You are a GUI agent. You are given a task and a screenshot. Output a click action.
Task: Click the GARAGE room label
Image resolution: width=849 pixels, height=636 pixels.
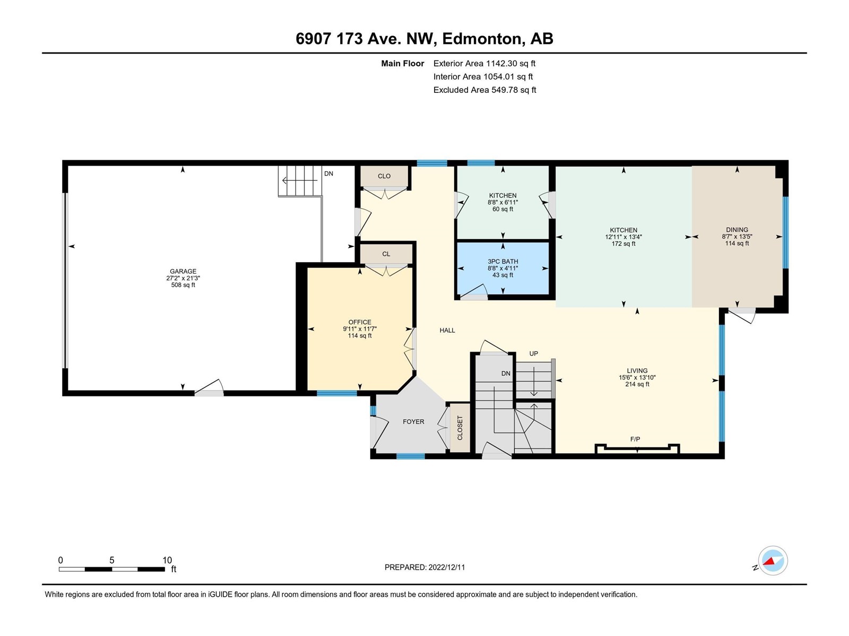coord(183,271)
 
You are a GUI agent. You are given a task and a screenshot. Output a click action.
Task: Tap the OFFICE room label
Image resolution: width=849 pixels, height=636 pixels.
coord(360,322)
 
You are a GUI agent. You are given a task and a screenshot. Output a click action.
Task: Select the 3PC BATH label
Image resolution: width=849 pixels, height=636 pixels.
coord(503,261)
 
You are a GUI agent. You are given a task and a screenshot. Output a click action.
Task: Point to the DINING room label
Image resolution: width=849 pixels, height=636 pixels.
coord(737,230)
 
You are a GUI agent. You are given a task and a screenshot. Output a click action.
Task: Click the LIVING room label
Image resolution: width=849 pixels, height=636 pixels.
coord(637,370)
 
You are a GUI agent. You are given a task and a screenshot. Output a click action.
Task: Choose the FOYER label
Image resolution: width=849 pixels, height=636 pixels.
coord(413,422)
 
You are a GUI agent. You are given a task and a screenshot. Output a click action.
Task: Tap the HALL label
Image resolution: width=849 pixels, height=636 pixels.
coord(447,330)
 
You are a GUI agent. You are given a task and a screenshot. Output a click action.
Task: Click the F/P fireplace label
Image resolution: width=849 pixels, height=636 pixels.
coord(635,439)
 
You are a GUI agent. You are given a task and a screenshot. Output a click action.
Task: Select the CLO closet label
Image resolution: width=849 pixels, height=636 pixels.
coord(384,176)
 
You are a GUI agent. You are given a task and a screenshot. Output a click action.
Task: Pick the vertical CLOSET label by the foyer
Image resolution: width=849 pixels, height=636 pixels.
coord(460,428)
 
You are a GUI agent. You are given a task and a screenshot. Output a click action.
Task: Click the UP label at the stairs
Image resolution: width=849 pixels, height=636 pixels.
coord(534,354)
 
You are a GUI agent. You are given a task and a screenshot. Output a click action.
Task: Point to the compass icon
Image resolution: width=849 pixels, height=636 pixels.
coord(773,560)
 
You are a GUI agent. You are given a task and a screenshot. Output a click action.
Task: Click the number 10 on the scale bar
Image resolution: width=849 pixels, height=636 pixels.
coord(167,560)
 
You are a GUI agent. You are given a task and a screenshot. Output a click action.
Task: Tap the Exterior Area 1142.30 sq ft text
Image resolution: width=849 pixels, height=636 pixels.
coord(484,63)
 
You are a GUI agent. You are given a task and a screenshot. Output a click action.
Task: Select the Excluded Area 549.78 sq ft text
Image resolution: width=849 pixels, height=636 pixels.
coord(484,90)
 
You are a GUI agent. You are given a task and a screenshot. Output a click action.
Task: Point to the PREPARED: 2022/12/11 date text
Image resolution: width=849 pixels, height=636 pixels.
coord(424,567)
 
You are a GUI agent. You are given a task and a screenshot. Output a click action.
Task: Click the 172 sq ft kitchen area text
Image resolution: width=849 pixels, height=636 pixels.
coord(623,244)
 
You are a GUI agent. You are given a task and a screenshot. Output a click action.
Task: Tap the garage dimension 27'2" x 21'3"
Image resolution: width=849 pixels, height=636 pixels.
coord(183,278)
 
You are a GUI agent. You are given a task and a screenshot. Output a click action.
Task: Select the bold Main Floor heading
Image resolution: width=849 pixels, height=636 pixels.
coord(403,63)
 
